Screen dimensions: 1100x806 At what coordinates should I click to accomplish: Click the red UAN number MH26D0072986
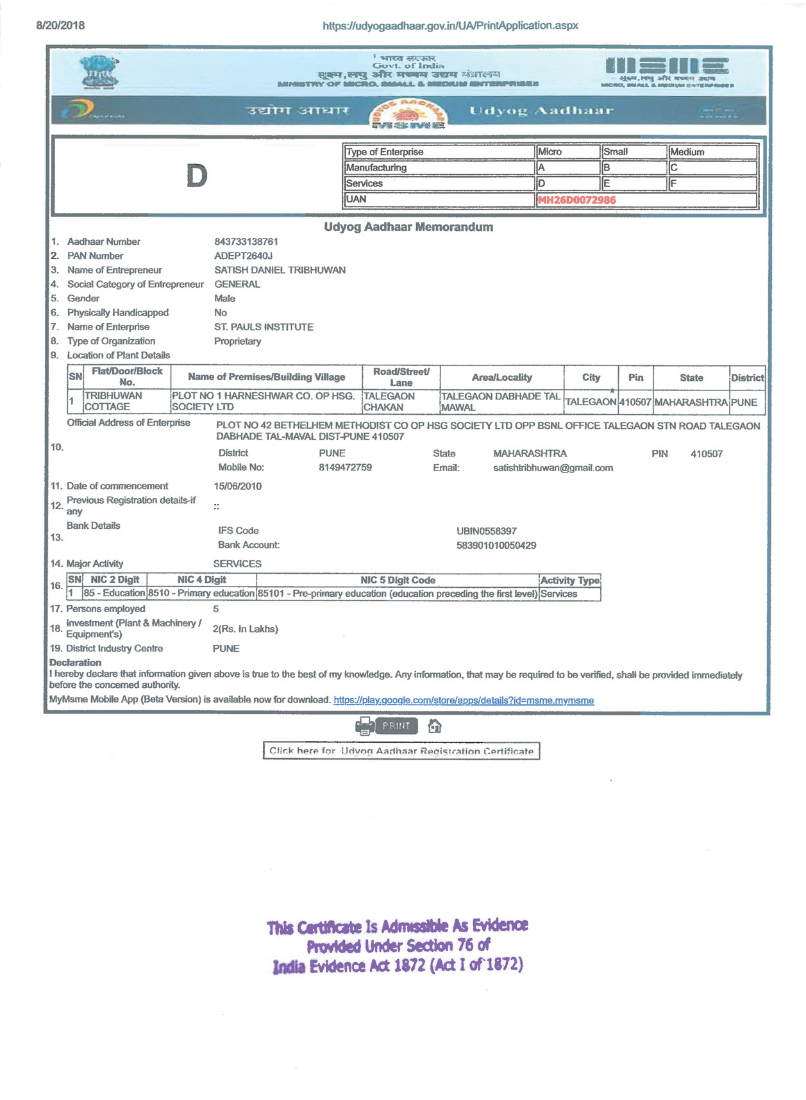pos(576,200)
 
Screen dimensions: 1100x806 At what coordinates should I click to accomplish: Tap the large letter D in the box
pos(197,176)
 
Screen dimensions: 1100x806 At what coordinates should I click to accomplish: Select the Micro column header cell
pos(567,152)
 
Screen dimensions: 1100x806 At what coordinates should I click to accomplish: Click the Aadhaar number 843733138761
pos(246,242)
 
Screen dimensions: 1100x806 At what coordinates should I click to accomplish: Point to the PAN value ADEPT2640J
pos(243,256)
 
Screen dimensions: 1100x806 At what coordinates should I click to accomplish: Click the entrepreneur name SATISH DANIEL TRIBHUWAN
pos(280,270)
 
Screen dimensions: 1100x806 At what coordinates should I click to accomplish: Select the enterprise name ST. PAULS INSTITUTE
pos(264,327)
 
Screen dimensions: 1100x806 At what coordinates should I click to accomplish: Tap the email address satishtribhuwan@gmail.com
pos(553,468)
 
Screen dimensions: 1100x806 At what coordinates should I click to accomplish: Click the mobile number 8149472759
pos(345,467)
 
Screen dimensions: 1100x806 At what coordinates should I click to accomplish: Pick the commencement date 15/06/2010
pos(237,486)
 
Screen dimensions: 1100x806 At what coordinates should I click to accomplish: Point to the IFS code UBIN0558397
pos(486,531)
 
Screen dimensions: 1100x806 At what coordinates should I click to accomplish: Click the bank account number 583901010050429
pos(496,546)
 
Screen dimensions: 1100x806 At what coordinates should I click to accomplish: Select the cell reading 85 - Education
pos(114,594)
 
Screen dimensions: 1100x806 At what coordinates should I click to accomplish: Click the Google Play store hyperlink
pos(464,701)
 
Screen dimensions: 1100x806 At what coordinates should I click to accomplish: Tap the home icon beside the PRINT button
pos(435,726)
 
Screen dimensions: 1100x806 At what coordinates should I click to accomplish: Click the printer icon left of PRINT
pos(364,726)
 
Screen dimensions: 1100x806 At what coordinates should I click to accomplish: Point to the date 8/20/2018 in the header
pos(60,26)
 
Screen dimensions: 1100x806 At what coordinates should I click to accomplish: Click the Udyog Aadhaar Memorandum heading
pos(408,227)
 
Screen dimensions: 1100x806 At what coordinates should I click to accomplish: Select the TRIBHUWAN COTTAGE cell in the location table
pos(113,401)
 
